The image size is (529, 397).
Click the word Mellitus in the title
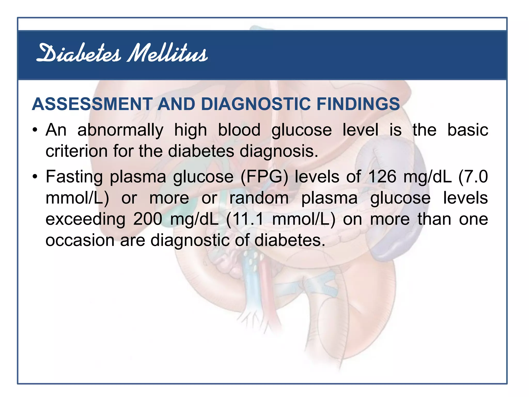tap(167, 54)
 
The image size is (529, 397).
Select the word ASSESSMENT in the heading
tap(92, 104)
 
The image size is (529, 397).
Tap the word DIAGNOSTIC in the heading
tap(256, 104)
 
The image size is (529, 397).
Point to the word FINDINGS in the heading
tap(358, 104)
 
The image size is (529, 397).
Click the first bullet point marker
tap(35, 130)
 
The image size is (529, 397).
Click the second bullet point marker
tap(35, 177)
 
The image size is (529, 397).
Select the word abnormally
tap(120, 130)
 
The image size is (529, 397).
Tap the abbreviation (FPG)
tap(264, 177)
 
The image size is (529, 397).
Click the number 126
tap(382, 177)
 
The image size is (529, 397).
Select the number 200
tap(148, 219)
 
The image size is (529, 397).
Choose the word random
tap(259, 198)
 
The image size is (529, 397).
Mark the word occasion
tap(80, 240)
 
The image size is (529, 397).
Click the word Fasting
tap(74, 177)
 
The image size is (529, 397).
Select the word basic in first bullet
tap(468, 130)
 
